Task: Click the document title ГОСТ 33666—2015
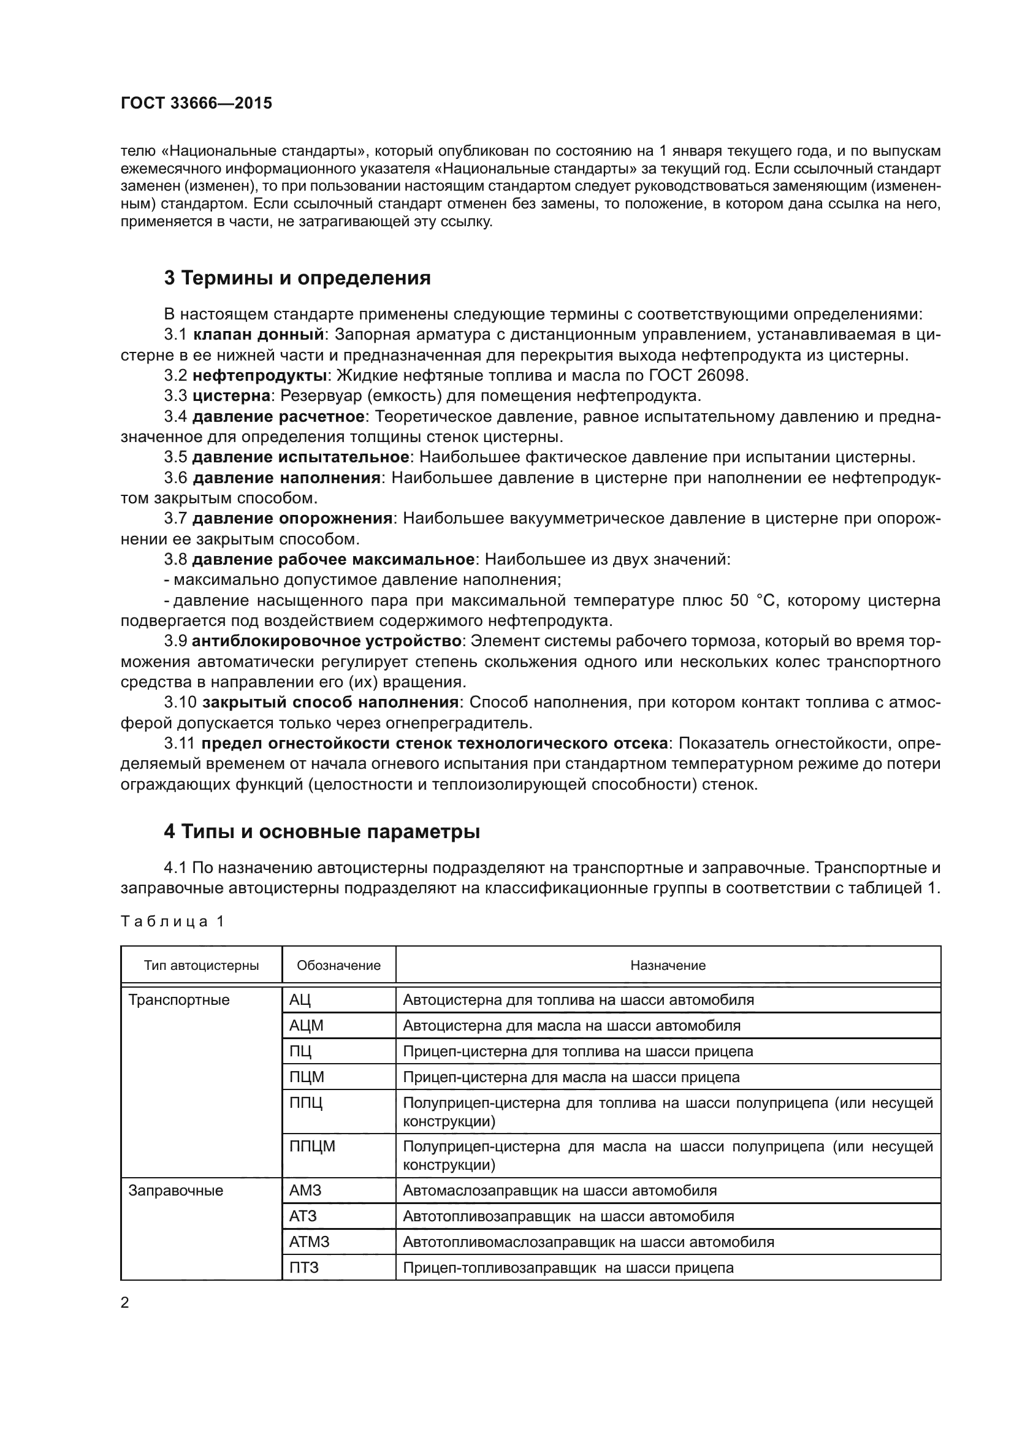196,104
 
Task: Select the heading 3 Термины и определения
297,278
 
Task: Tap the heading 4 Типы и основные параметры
322,832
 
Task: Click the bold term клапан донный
259,335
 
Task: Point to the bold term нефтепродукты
260,375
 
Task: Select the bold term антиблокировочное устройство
327,641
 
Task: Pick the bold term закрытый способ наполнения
330,703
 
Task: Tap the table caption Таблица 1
172,921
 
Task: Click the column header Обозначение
338,966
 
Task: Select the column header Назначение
668,966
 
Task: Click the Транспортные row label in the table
178,1000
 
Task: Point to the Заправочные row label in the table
175,1191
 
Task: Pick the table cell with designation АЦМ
307,1026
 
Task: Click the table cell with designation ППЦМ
312,1146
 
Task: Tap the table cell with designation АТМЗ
309,1241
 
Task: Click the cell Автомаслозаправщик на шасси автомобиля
560,1191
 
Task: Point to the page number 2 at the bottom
125,1302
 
